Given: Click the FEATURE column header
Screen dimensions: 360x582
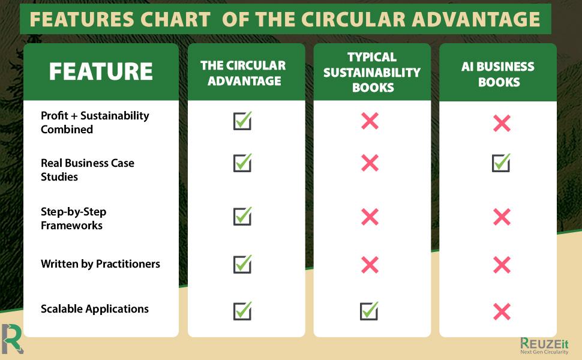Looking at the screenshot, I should click(101, 71).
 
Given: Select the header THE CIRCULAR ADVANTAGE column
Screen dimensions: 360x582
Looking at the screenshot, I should click(243, 73).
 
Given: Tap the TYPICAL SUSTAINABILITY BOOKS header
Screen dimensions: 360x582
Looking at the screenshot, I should click(372, 72).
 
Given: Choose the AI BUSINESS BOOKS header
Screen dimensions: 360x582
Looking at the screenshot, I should click(498, 73).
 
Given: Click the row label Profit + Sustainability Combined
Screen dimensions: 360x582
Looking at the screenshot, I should click(94, 122).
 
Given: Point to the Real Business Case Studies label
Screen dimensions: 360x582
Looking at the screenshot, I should click(87, 169).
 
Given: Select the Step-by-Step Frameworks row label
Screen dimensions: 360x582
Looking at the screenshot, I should click(73, 218).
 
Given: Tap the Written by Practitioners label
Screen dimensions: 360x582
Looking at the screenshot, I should click(100, 263).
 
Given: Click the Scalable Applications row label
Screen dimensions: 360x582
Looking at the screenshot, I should click(94, 309).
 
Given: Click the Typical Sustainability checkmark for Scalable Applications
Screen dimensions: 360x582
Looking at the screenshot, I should click(369, 311).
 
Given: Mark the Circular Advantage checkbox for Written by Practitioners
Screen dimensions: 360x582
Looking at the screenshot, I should click(242, 264).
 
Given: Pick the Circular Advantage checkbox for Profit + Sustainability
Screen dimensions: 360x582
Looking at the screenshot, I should click(242, 121).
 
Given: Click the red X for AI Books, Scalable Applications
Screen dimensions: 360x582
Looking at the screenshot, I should click(502, 311).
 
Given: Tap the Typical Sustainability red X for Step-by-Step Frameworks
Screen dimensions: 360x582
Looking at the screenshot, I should click(370, 217).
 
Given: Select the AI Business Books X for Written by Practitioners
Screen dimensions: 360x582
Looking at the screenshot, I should click(502, 265).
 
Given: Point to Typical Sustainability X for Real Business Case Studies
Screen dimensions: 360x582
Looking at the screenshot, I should click(370, 163).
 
